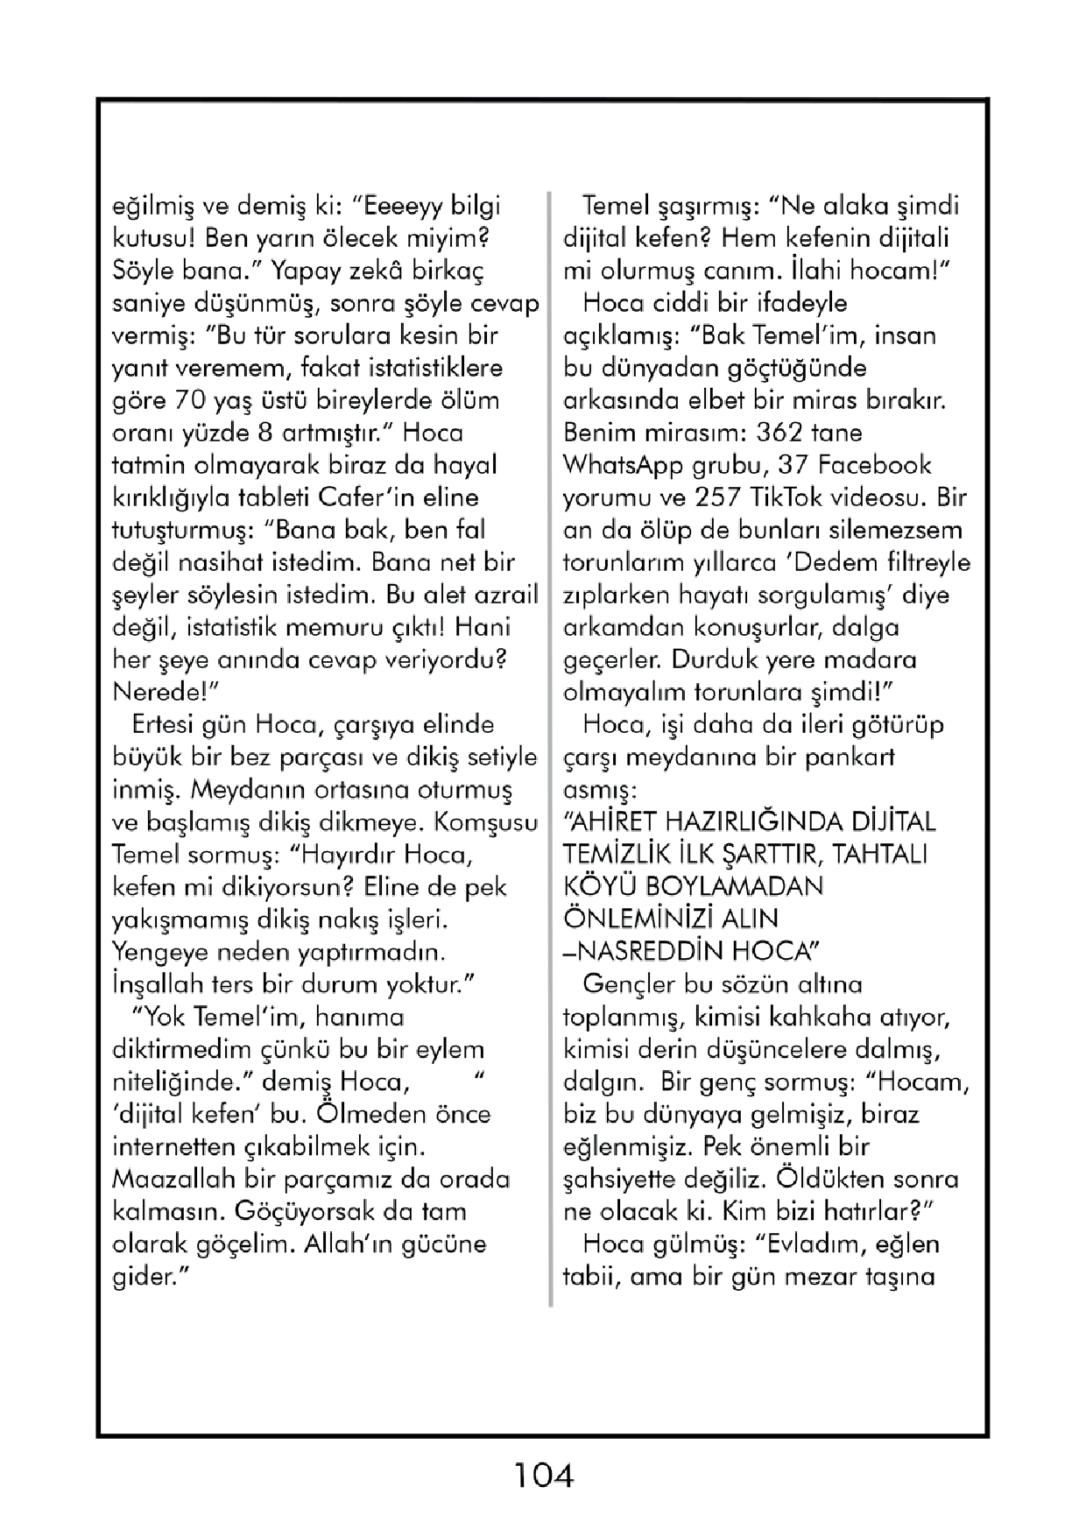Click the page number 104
543,1476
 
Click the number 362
782,433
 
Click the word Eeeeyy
399,206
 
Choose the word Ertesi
164,724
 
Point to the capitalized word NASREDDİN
650,951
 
